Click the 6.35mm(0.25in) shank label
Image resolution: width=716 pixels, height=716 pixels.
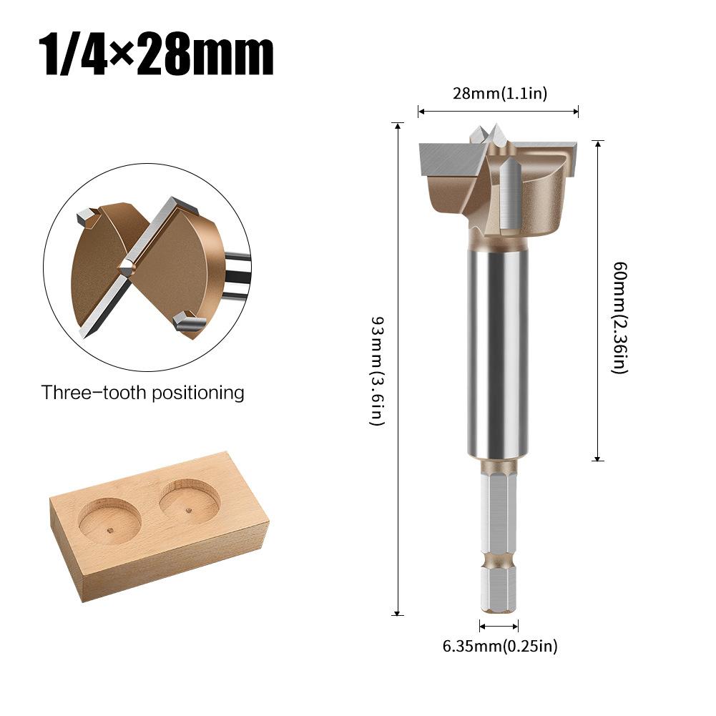499,647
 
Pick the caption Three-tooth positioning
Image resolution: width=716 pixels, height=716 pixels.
142,393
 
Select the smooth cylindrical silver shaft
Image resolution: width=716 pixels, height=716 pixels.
499,350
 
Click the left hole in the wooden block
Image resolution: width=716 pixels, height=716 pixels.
109,520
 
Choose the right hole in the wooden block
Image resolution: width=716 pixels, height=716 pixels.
189,501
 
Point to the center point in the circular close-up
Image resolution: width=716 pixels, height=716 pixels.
127,268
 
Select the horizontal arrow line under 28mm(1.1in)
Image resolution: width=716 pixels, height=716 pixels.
499,111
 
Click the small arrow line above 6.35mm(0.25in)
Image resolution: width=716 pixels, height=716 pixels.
498,627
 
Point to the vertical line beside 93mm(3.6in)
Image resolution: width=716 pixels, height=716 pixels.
398,368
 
